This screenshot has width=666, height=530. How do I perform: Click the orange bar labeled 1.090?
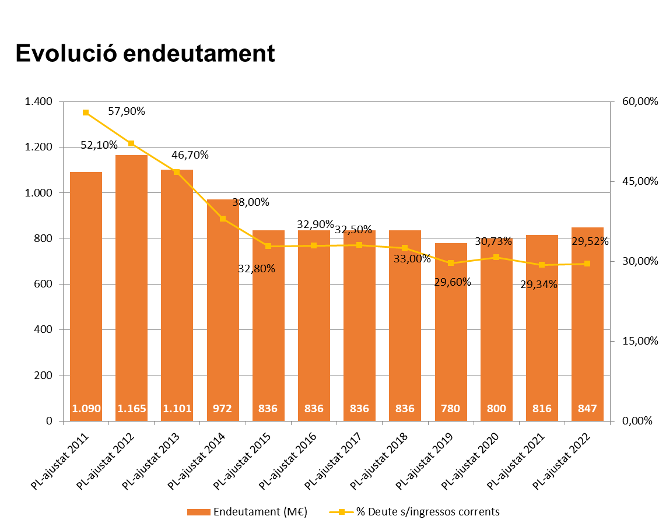tap(86, 292)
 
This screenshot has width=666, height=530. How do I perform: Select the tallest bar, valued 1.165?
tap(131, 286)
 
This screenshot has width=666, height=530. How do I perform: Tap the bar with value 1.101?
tap(177, 292)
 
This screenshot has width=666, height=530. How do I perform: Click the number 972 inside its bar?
tap(222, 409)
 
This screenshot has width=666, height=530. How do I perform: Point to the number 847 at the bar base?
tap(587, 409)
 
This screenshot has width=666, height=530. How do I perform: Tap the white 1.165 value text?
tap(132, 409)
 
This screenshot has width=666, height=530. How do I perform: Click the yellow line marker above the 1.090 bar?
tap(86, 113)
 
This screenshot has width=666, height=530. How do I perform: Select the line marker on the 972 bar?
tap(223, 219)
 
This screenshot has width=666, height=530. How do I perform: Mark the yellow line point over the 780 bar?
tap(451, 263)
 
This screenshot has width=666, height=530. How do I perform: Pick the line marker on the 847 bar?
tap(587, 264)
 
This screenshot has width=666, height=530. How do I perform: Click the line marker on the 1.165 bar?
tap(131, 143)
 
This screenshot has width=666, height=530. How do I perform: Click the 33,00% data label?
tap(411, 259)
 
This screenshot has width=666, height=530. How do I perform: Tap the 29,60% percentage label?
tap(452, 282)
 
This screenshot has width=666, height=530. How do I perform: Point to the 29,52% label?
tap(589, 241)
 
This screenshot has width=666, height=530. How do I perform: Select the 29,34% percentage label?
tap(540, 285)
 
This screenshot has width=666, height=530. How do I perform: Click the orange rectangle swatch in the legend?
tap(199, 512)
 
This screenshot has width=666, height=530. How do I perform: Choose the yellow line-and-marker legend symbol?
tap(342, 512)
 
